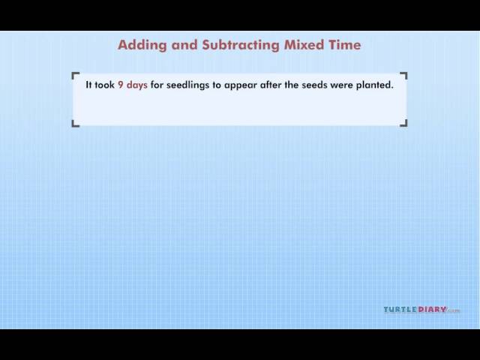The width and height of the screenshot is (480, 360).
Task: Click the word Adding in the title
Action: (x=142, y=45)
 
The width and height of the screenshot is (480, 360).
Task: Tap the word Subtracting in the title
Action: (x=241, y=45)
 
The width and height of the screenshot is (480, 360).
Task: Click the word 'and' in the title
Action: (x=184, y=45)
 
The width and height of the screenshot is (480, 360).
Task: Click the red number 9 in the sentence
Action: (x=121, y=85)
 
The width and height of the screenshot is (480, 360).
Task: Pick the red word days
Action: (x=136, y=85)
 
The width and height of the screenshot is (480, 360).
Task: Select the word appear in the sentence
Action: (x=241, y=85)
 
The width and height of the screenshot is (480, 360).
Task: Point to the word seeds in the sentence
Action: (x=314, y=85)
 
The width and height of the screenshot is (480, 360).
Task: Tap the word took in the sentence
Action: (x=105, y=85)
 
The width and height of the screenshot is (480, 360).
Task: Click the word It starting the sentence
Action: (x=88, y=85)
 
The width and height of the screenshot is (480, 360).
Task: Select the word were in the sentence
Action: (x=341, y=85)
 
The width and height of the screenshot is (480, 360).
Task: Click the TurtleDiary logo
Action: (x=421, y=310)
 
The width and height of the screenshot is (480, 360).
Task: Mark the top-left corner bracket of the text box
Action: (x=73, y=73)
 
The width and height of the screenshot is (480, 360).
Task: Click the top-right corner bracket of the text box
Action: (x=406, y=73)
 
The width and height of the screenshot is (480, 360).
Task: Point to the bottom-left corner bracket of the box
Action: (x=73, y=125)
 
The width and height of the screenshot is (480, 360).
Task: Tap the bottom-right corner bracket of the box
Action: (x=406, y=125)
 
